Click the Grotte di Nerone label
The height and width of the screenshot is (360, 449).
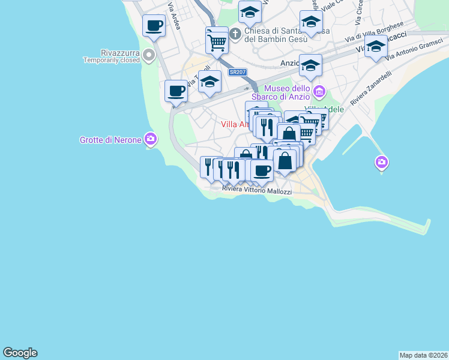[110, 140]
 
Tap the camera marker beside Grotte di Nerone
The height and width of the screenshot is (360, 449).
[151, 139]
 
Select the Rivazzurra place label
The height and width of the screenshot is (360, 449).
[112, 52]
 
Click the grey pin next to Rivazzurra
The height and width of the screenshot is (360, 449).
[149, 56]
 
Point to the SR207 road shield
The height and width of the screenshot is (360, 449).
[236, 72]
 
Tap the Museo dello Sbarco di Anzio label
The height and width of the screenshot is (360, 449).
[287, 92]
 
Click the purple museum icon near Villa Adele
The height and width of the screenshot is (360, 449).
[319, 92]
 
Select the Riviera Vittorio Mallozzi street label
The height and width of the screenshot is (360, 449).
[256, 191]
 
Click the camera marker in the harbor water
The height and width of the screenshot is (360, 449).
[381, 162]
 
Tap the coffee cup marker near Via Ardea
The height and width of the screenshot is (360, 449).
[154, 26]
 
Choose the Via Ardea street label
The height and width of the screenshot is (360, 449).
[174, 20]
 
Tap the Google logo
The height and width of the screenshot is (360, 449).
[20, 353]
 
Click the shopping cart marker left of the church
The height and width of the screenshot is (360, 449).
[217, 41]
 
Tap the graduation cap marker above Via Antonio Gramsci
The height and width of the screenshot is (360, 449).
[376, 46]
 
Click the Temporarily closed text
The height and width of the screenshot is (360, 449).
[111, 60]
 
